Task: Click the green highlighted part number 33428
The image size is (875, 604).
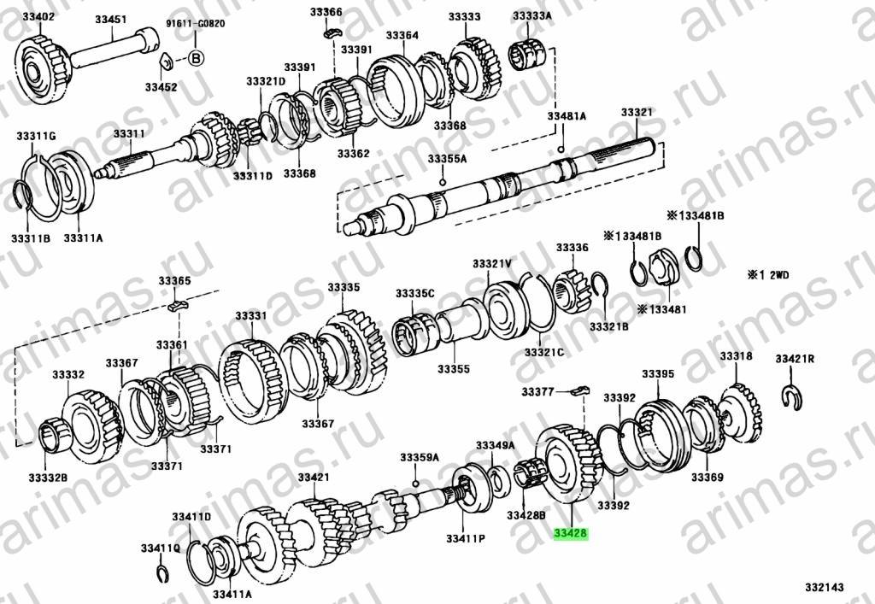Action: pos(571,533)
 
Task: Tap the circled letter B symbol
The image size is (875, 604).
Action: pos(196,58)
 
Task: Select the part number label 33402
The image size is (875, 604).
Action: pos(38,17)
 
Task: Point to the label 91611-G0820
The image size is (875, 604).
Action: pos(196,24)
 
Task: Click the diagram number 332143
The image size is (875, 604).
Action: pos(825,587)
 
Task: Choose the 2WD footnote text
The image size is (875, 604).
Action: pos(770,274)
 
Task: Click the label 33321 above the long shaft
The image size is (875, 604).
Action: pos(637,112)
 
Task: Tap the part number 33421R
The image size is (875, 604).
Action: pos(794,359)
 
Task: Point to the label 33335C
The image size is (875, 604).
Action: pos(415,293)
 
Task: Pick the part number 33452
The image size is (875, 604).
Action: pos(161,87)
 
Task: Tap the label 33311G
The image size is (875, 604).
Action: pos(36,136)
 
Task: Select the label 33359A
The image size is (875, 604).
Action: pos(419,458)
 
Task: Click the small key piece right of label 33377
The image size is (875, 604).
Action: pos(580,390)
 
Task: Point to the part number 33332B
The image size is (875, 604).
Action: pos(48,478)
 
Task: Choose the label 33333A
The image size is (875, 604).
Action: pos(531,16)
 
